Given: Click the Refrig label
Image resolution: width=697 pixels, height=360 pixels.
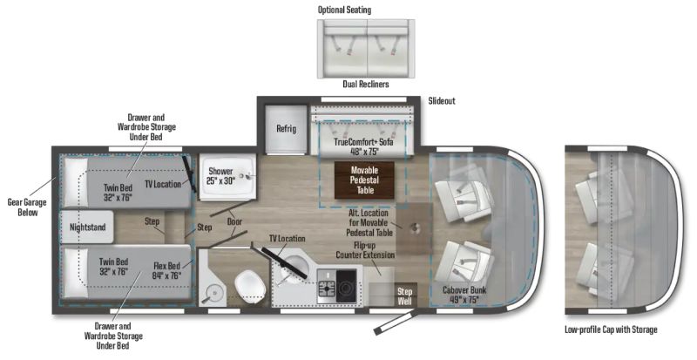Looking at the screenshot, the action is [286, 129].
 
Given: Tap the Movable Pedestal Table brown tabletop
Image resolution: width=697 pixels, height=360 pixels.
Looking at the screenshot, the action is [364, 180].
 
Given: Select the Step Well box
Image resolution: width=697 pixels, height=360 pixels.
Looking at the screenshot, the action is [404, 295].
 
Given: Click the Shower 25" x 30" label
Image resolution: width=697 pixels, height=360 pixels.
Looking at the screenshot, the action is [220, 176].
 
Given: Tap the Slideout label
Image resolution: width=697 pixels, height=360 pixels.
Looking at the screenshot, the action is [442, 101].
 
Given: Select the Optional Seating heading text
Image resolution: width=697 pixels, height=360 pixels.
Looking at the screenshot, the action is [344, 10].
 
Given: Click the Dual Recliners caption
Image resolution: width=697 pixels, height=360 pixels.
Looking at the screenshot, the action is [365, 84].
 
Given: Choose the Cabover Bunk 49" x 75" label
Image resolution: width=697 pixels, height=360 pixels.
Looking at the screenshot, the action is [464, 295].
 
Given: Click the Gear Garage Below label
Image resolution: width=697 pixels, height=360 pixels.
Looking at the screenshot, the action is [28, 207].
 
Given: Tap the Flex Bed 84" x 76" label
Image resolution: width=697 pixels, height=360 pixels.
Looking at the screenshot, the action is [166, 270].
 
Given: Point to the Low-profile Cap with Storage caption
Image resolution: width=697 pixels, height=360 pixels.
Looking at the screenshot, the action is [611, 329].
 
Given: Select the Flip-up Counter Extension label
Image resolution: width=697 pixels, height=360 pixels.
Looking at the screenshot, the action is [365, 250].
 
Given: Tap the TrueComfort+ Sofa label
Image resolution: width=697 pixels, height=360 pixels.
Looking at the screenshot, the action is [363, 146].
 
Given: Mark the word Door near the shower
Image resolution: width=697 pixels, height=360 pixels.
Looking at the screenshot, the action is [234, 221].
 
